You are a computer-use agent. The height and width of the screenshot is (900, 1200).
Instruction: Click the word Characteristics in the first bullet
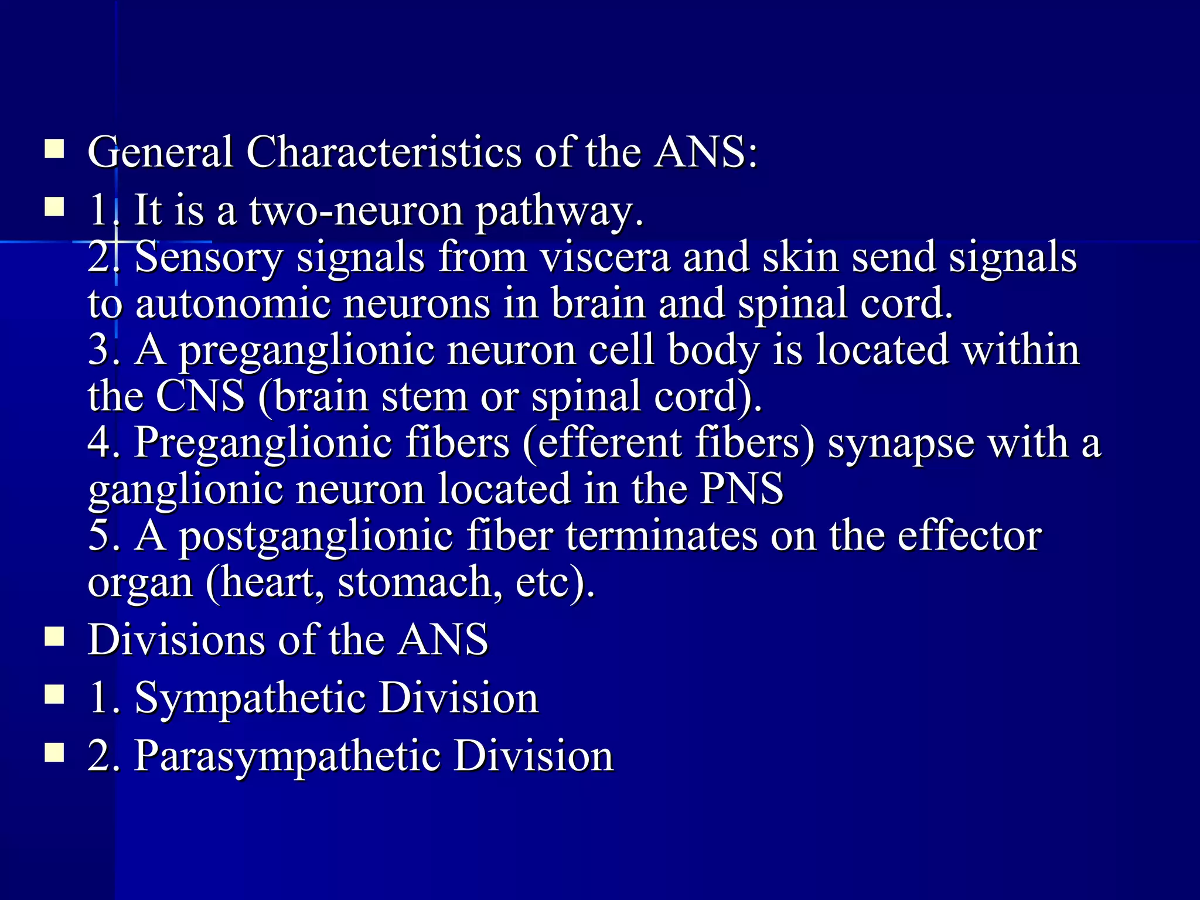(x=384, y=152)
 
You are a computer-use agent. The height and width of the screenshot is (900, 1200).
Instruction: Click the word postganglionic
(x=316, y=536)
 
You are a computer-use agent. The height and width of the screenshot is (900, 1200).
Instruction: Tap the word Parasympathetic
(x=288, y=756)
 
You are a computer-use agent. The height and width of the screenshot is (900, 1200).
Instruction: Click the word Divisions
(x=176, y=639)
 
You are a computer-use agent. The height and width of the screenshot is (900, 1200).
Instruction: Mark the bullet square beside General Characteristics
(x=54, y=149)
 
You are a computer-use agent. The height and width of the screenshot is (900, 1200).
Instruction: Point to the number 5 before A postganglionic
(x=100, y=536)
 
